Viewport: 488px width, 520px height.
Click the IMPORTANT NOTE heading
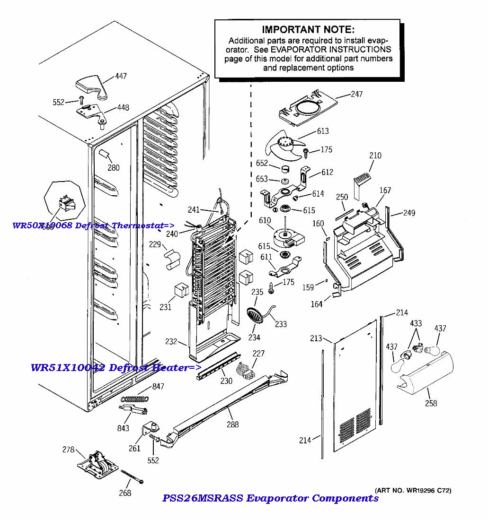308,30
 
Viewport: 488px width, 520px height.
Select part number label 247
356,94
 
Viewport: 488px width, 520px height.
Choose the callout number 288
232,424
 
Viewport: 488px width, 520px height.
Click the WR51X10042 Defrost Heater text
115,368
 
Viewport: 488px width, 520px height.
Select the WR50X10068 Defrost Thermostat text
93,225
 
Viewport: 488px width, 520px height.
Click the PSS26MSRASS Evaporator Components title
270,498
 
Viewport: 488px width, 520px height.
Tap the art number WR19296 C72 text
413,490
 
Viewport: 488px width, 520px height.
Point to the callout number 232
171,341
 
